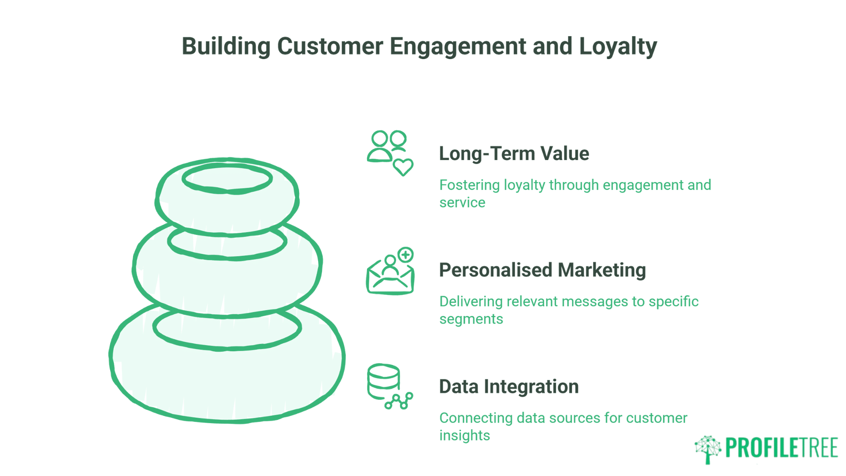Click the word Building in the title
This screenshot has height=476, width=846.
(x=226, y=46)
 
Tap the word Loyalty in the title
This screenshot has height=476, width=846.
(x=618, y=46)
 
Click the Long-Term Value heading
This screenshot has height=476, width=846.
(x=514, y=154)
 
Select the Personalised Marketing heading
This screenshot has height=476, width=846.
(x=542, y=270)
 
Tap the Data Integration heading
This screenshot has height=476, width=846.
(x=509, y=387)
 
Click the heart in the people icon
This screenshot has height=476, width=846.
(x=403, y=167)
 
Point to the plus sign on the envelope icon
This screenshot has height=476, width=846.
(x=405, y=255)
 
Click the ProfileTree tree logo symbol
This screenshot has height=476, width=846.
(x=708, y=449)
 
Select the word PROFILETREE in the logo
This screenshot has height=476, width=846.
(x=781, y=448)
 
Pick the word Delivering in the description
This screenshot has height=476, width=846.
(x=471, y=301)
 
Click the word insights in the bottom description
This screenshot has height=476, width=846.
(x=464, y=435)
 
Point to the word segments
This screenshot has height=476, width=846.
(x=471, y=319)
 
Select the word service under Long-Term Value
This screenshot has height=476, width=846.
(x=462, y=203)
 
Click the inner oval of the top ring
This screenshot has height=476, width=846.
(x=227, y=178)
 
